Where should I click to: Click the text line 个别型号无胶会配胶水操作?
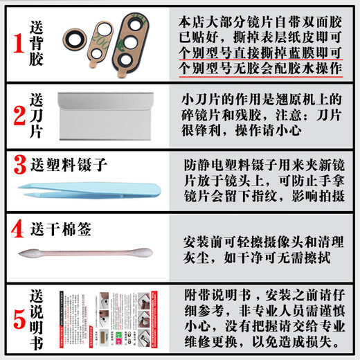(x=265, y=69)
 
